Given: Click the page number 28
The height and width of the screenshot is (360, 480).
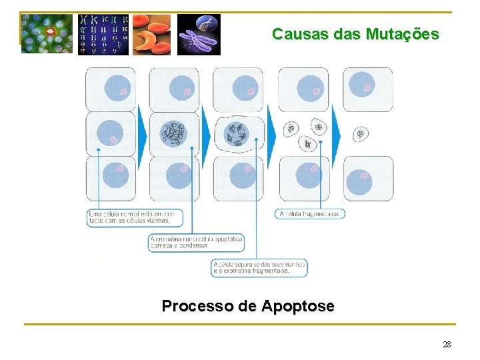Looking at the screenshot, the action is (447, 345).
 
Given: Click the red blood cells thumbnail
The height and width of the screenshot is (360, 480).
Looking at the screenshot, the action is (151, 34).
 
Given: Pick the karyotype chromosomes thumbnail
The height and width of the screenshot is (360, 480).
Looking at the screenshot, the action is (103, 34).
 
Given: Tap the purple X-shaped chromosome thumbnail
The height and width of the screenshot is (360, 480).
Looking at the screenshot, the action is (199, 34).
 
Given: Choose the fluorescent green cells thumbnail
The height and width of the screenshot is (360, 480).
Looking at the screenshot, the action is (47, 34).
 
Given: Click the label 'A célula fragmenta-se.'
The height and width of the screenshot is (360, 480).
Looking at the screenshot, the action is (310, 214).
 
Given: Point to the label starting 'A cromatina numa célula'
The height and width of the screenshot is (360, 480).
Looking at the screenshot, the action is (196, 242).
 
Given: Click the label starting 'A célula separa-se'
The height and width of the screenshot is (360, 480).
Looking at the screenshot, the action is (260, 268).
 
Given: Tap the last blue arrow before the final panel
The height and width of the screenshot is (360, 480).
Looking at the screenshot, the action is (335, 135).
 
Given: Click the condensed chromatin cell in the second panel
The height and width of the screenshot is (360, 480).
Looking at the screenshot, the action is (174, 134).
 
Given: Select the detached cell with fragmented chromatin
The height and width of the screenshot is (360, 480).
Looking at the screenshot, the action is (237, 134).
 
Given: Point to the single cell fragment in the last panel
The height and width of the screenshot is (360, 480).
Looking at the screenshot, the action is (361, 134).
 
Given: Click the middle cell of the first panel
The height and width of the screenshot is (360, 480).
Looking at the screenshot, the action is (110, 134).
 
